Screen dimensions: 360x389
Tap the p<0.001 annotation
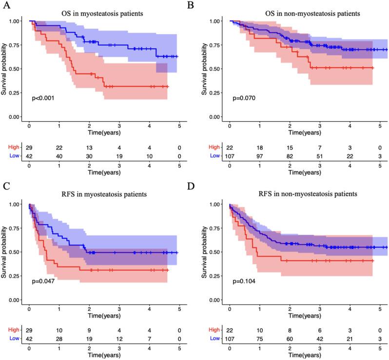pyautogui.click(x=43, y=98)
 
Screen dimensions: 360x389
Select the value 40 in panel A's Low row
pyautogui.click(x=59, y=155)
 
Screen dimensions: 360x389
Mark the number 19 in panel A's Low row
pyautogui.click(x=119, y=155)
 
